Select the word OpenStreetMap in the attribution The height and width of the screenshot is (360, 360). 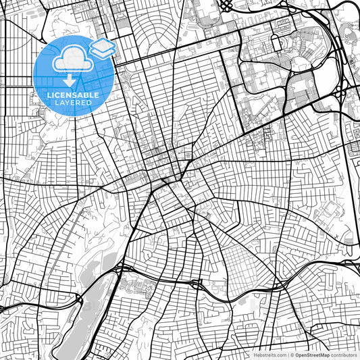[311, 355]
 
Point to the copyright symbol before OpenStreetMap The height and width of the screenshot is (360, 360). [290, 355]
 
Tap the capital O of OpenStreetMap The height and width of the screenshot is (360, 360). [295, 355]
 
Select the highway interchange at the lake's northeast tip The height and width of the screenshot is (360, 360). [120, 269]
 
